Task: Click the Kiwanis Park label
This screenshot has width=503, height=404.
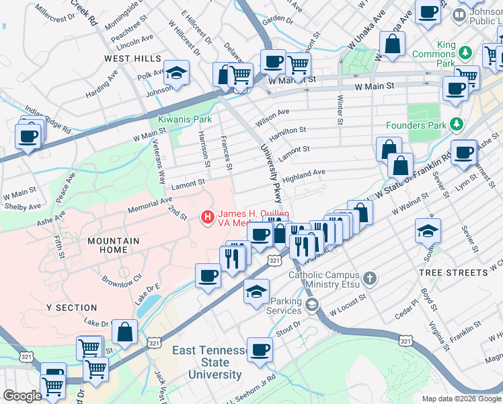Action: tap(184, 119)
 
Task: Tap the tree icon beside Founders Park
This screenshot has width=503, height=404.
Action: tap(457, 125)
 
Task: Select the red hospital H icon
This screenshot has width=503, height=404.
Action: tap(208, 217)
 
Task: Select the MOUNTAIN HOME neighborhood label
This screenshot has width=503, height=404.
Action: tap(113, 245)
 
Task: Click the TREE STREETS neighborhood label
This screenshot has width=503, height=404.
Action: tap(453, 273)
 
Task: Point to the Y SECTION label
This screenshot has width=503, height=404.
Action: tap(72, 308)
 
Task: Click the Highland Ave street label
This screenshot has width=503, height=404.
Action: tap(303, 176)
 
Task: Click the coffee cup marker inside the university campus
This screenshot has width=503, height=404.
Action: tap(260, 349)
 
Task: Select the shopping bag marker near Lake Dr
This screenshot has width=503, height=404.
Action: tap(124, 331)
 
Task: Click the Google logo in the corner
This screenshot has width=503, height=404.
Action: tap(22, 396)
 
